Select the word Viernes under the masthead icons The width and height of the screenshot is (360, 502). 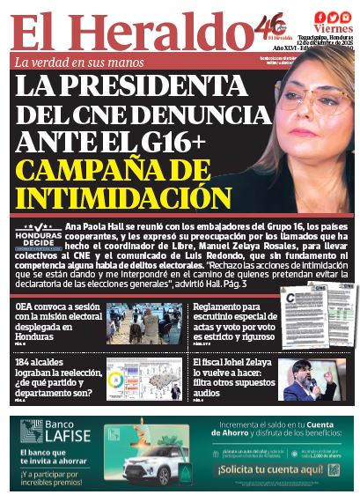331,29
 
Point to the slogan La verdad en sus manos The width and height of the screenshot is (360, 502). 77,63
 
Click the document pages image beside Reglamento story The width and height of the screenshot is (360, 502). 313,322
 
